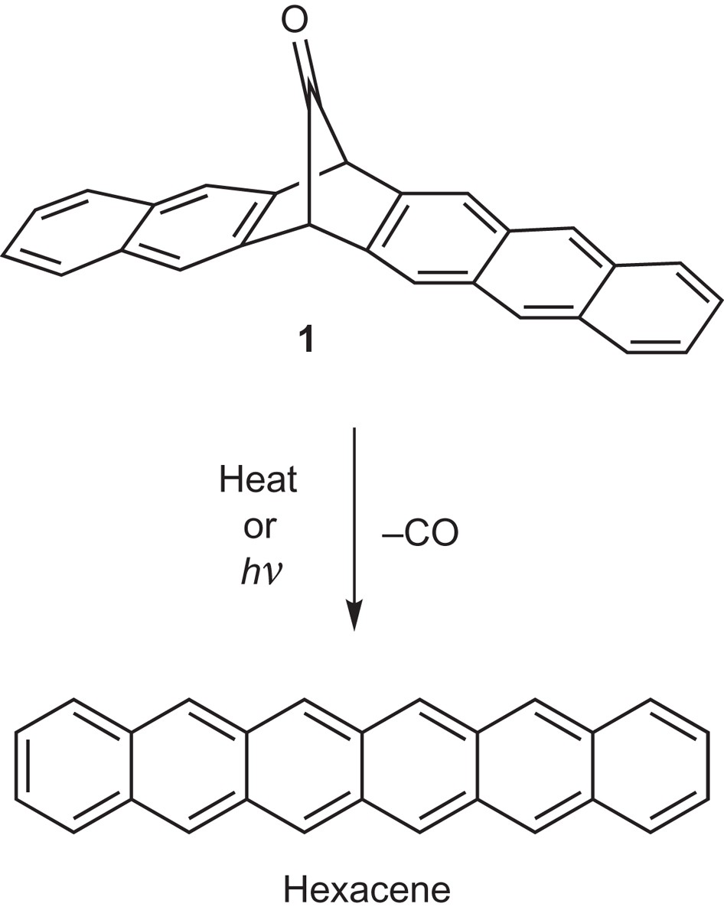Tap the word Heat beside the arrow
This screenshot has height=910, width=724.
[x=258, y=482]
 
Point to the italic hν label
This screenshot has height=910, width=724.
[x=258, y=570]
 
